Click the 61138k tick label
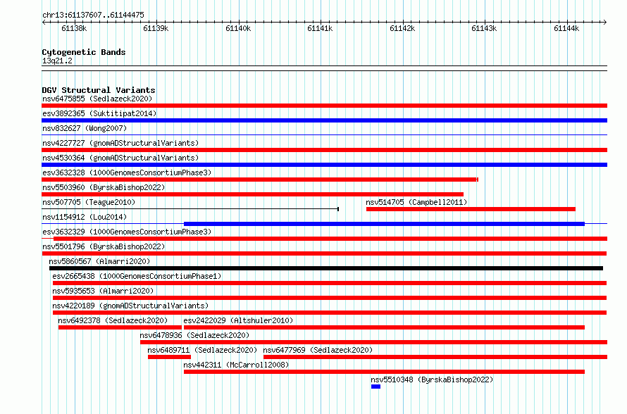click(x=74, y=28)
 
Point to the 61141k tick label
click(x=320, y=28)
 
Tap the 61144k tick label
click(x=566, y=28)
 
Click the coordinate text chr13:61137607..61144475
click(x=93, y=15)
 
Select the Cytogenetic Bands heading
click(x=84, y=52)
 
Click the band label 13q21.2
click(x=57, y=61)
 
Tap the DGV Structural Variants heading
click(x=99, y=90)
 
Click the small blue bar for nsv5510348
click(x=375, y=387)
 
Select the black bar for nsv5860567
click(x=326, y=268)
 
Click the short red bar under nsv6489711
click(x=169, y=357)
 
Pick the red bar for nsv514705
click(x=471, y=209)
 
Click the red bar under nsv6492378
click(x=120, y=327)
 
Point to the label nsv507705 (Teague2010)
click(x=89, y=202)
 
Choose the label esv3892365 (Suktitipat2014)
click(x=99, y=113)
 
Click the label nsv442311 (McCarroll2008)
click(x=236, y=365)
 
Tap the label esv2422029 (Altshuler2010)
click(x=238, y=320)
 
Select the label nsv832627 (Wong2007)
click(x=85, y=128)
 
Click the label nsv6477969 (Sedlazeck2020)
click(x=318, y=350)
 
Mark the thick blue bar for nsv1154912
click(x=384, y=224)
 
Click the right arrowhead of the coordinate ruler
click(x=605, y=22)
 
